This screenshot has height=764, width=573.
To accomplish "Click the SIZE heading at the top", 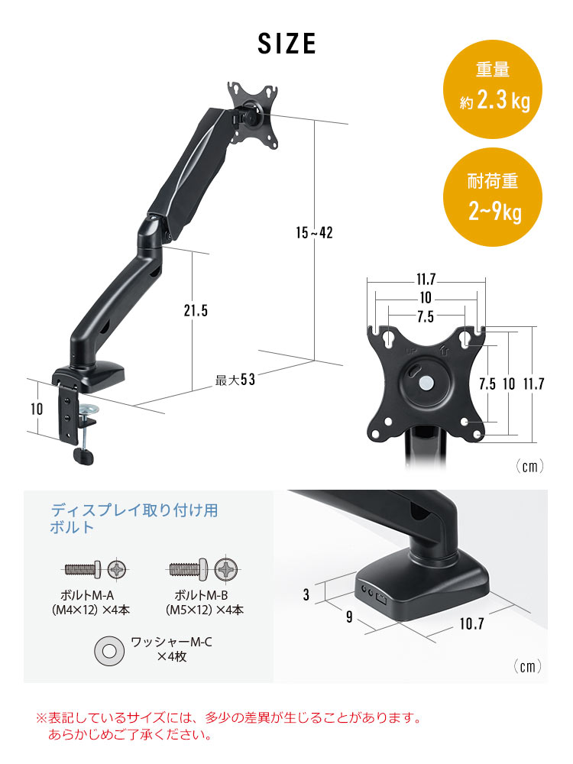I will [x=286, y=43].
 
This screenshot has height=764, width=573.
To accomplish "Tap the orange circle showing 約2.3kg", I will [x=497, y=90].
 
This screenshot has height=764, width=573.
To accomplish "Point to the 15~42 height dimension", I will [x=315, y=232].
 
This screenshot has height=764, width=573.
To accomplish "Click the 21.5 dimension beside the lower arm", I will [x=196, y=310].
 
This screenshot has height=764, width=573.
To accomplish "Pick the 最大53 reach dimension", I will [x=235, y=380].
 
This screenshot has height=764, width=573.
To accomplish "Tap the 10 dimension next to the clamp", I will [x=37, y=409].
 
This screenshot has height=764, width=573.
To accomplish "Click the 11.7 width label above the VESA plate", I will [x=426, y=280].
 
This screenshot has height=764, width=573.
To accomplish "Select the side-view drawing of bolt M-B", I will [x=189, y=569].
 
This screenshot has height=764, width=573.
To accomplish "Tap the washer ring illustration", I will [x=108, y=650].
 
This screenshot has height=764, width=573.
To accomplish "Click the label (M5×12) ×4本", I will [x=204, y=610].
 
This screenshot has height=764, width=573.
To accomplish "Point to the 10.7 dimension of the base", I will [x=471, y=623].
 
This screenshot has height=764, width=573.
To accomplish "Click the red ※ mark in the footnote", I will [x=42, y=719].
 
